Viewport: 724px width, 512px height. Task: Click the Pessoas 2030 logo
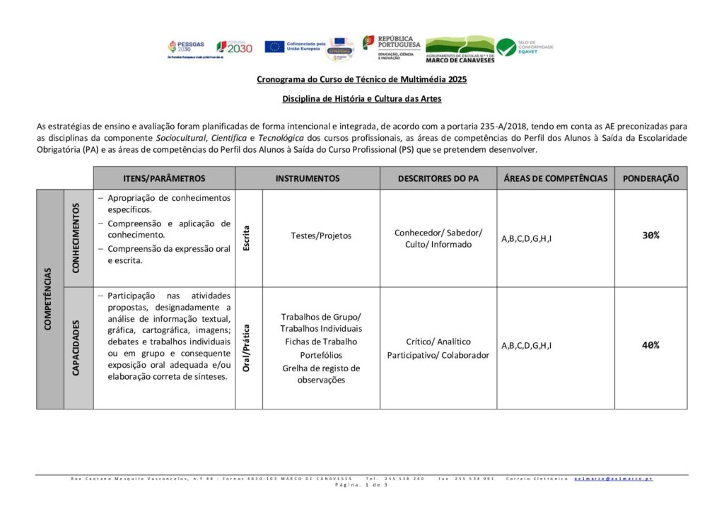coord(185,47)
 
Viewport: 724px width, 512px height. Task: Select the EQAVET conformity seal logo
coord(525,47)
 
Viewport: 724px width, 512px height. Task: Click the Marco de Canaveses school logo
coord(460,49)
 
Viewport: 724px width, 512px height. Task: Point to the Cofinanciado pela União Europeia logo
coord(295,47)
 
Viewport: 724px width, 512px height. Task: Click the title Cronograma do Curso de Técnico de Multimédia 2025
coord(361,80)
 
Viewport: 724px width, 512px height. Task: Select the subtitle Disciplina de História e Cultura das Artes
coord(361,99)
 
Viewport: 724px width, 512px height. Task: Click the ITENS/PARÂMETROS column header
coord(164,178)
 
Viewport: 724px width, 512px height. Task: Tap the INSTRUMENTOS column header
coord(308,178)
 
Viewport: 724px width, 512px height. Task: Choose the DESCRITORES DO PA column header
coord(438,178)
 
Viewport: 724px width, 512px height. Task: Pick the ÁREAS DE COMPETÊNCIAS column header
coord(555,178)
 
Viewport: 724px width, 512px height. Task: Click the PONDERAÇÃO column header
coord(650,178)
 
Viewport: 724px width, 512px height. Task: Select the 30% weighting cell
coord(650,235)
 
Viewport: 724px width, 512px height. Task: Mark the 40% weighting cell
coord(650,345)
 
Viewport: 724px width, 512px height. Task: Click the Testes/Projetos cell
coord(321,235)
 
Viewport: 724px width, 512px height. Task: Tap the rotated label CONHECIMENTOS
coord(78,238)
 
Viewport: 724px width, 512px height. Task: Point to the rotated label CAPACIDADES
coord(78,347)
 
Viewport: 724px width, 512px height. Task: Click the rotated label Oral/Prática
coord(247,347)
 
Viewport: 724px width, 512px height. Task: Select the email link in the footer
coord(613,479)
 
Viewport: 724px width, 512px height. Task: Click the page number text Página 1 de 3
coord(361,485)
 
